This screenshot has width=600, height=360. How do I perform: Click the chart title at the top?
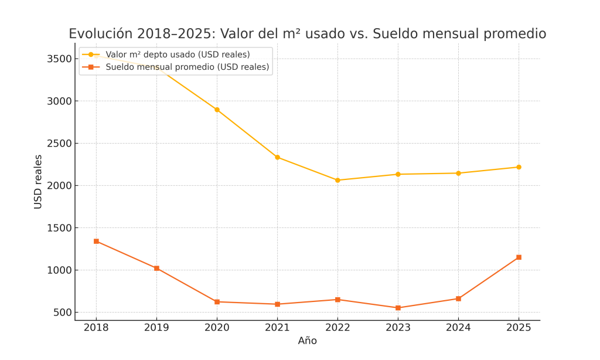(307, 34)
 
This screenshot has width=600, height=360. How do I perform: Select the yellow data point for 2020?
(217, 110)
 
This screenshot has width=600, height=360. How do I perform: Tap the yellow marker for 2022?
(337, 180)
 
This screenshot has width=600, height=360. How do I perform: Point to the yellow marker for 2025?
(519, 167)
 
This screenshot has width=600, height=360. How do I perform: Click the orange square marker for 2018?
(96, 241)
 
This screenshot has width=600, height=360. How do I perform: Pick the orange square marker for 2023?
(398, 308)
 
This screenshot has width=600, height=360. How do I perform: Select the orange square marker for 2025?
(519, 257)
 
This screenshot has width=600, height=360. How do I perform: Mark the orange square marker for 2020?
(217, 301)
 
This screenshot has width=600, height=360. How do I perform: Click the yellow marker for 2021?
(277, 157)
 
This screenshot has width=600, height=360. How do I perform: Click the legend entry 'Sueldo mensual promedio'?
(187, 67)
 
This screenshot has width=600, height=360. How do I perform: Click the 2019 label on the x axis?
(156, 328)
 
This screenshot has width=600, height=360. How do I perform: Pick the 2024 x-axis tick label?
(458, 328)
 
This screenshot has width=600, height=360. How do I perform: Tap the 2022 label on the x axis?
(337, 328)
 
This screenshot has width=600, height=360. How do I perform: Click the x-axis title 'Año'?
(307, 341)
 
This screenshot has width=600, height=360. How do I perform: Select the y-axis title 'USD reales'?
(38, 182)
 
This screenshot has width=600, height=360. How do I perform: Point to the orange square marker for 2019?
(156, 268)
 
